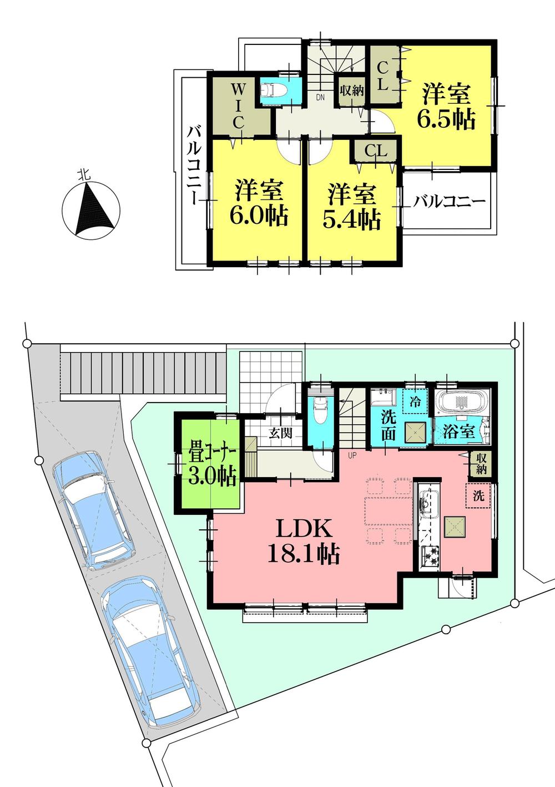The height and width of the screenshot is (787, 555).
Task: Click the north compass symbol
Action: pos(90,209)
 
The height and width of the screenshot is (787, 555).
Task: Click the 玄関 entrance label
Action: pos(281,433)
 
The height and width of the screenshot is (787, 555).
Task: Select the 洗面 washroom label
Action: pos(388,425)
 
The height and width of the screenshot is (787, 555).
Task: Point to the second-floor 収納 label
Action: pos(351,90)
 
